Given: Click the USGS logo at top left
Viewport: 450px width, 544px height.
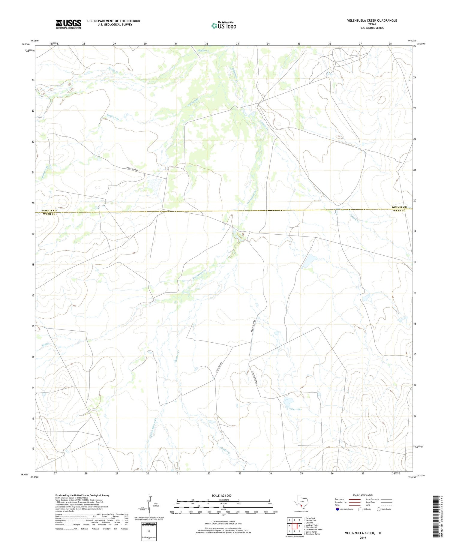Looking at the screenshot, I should pos(68,24).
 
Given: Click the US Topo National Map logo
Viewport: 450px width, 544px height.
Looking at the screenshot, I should pos(224,26).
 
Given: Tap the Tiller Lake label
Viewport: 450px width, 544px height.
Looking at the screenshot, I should pos(295,409).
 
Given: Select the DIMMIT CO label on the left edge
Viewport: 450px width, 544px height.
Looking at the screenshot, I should pos(49,211).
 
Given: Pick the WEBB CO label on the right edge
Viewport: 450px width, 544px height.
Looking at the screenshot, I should pos(399,211).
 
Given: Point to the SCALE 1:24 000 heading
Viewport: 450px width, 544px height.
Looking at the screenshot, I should pos(221,495).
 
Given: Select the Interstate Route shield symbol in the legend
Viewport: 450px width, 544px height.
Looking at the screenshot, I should pos(337,509).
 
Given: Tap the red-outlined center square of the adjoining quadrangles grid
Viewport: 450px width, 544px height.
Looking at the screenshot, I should pos(294,526).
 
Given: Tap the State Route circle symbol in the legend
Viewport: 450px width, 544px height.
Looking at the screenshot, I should pos(379,509).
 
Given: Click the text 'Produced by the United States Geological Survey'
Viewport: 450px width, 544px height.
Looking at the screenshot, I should pos(82,495).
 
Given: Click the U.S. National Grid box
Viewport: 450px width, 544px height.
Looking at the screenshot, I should pos(149,531).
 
